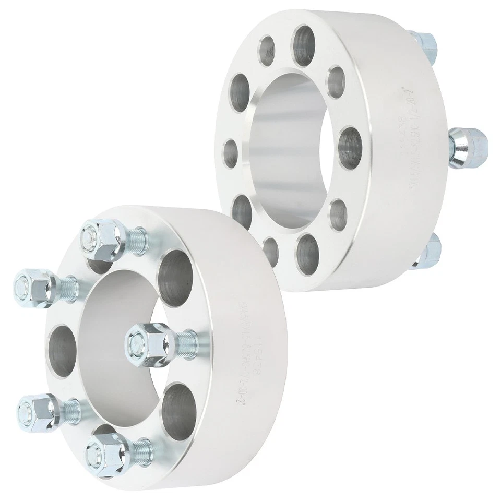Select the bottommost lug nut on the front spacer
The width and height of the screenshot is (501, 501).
coord(107,446)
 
